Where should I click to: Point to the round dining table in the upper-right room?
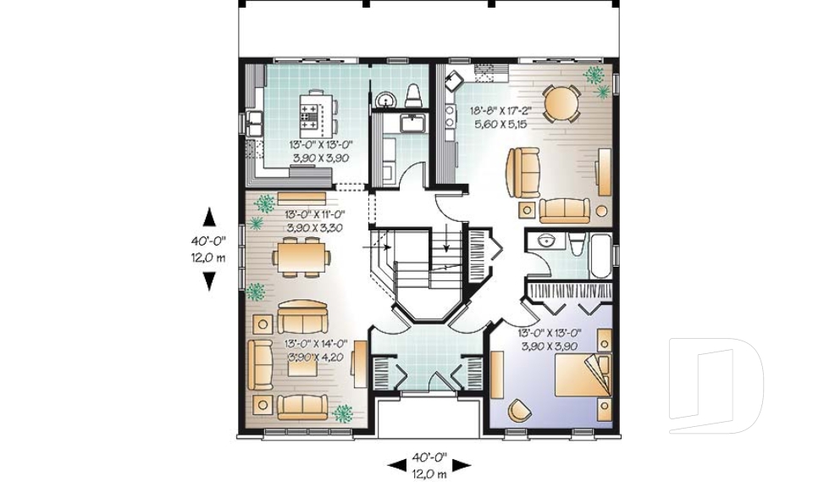pyautogui.click(x=561, y=104)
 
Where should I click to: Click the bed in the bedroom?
pyautogui.click(x=583, y=373)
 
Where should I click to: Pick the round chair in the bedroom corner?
pyautogui.click(x=517, y=411)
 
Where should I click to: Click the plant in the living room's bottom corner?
pyautogui.click(x=343, y=413)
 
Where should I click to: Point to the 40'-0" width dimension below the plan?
pyautogui.click(x=429, y=457)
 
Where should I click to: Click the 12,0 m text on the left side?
pyautogui.click(x=207, y=258)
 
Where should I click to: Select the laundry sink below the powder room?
pyautogui.click(x=412, y=125)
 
